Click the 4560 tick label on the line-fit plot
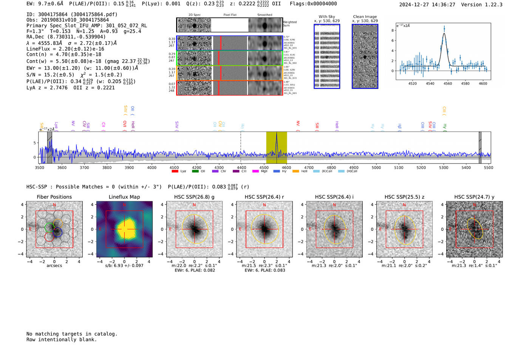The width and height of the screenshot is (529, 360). pyautogui.click(x=447, y=83)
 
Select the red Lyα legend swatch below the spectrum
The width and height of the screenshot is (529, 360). pyautogui.click(x=175, y=171)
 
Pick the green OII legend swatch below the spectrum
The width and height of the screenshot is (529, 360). pyautogui.click(x=195, y=171)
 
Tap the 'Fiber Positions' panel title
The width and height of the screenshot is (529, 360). pyautogui.click(x=54, y=197)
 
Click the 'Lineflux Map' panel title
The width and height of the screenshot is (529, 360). pyautogui.click(x=124, y=197)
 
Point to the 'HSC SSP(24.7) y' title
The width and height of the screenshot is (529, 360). pyautogui.click(x=474, y=197)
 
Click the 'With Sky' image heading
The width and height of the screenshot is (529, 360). pyautogui.click(x=327, y=17)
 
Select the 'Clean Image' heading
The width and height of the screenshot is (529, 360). pyautogui.click(x=365, y=17)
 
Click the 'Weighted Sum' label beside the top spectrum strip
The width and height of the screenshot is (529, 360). pyautogui.click(x=290, y=24)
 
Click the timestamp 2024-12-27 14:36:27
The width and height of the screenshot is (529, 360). pyautogui.click(x=427, y=5)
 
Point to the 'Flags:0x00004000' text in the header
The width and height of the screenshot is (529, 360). pyautogui.click(x=313, y=4)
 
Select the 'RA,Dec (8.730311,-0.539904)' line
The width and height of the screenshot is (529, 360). pyautogui.click(x=66, y=37)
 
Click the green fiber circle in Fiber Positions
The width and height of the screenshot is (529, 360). pyautogui.click(x=49, y=227)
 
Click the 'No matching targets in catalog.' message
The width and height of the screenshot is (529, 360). pyautogui.click(x=72, y=334)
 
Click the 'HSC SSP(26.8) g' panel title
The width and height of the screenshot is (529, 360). pyautogui.click(x=194, y=197)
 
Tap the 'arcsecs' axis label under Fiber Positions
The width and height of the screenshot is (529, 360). pyautogui.click(x=54, y=266)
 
